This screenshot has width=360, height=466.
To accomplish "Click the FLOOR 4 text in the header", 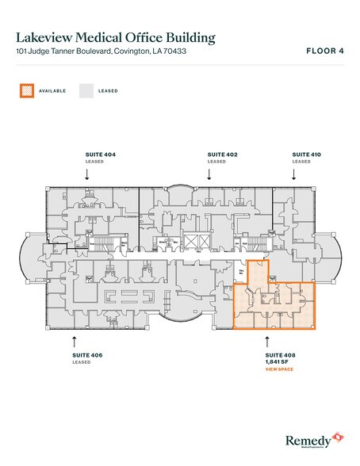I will coord(325,52).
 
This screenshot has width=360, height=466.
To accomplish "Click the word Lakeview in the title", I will coord(48,37).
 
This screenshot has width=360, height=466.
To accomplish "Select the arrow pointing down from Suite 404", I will coord(87,175).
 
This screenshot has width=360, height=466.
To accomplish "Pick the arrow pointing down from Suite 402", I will coord(210,175).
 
